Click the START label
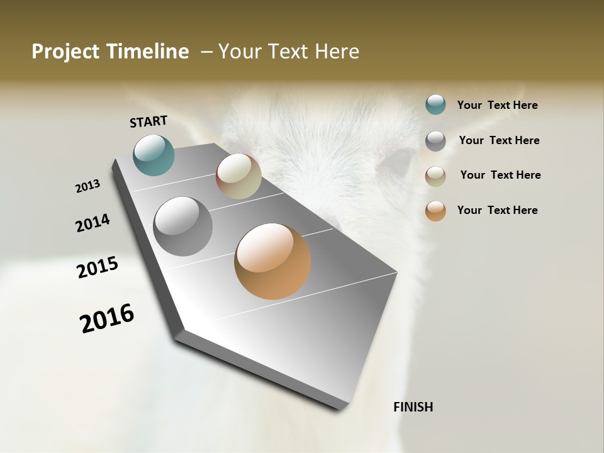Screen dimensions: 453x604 tap(148, 121)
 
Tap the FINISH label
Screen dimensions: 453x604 tap(413, 407)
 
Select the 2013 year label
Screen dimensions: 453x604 tap(87, 186)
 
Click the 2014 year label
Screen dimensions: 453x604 tap(92, 223)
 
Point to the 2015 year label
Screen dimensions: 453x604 tap(98, 267)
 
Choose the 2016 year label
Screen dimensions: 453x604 tap(107, 318)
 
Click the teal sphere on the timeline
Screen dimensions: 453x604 tap(154, 155)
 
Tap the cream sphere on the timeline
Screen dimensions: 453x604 tap(238, 176)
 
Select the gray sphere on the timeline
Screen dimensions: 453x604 tap(182, 226)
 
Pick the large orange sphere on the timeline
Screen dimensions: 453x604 tap(272, 261)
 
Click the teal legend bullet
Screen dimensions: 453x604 tap(435, 104)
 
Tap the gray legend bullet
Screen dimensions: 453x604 tap(435, 141)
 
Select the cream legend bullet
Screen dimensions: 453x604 tap(435, 176)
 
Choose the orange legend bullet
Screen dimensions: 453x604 tap(435, 211)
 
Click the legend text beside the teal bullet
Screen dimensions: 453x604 tap(497, 105)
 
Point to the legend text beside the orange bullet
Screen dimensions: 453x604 tap(497, 210)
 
